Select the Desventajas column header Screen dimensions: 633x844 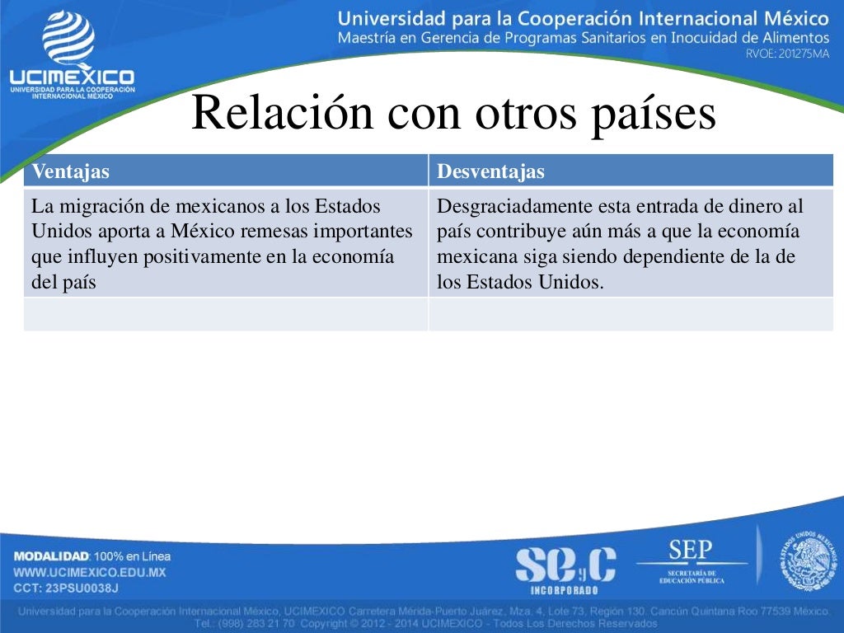pos(490,171)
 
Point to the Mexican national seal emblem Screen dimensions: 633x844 pos(808,561)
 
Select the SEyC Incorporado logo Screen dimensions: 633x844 pos(565,568)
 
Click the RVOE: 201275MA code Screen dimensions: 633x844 pos(786,54)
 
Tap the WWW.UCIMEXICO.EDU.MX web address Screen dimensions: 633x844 pos(90,572)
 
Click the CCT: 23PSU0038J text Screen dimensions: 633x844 pos(66,588)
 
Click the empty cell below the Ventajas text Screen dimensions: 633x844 pos(226,314)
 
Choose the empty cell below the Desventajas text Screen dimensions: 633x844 pos(631,314)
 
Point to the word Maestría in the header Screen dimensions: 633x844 pos(368,38)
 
